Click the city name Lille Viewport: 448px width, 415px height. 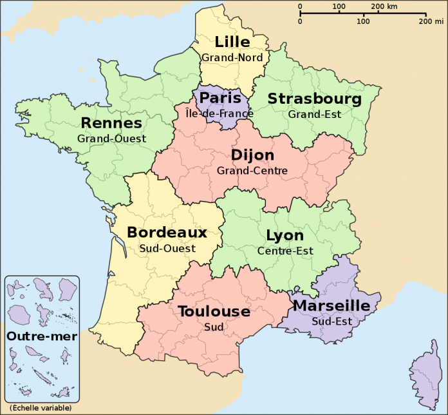click(x=232, y=43)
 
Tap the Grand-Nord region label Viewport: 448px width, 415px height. click(x=232, y=57)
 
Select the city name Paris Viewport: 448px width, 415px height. click(x=220, y=98)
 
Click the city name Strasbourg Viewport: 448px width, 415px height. click(x=314, y=99)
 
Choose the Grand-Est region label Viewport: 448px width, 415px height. click(x=314, y=115)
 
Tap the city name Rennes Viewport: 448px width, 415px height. click(x=111, y=122)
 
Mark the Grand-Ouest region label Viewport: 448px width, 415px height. click(x=111, y=138)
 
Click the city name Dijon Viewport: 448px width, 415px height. click(x=252, y=155)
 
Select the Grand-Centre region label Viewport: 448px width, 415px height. click(x=252, y=171)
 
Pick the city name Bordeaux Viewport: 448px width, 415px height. click(x=167, y=232)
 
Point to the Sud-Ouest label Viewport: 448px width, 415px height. click(x=167, y=247)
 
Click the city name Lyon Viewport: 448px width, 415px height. click(x=285, y=235)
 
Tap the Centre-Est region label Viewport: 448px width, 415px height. click(x=285, y=251)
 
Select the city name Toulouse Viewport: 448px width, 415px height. click(x=214, y=312)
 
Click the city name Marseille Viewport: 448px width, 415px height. click(x=331, y=305)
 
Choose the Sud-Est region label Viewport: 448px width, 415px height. click(x=331, y=321)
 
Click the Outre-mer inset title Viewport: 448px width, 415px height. click(x=42, y=336)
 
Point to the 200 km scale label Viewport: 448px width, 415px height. click(x=384, y=6)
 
